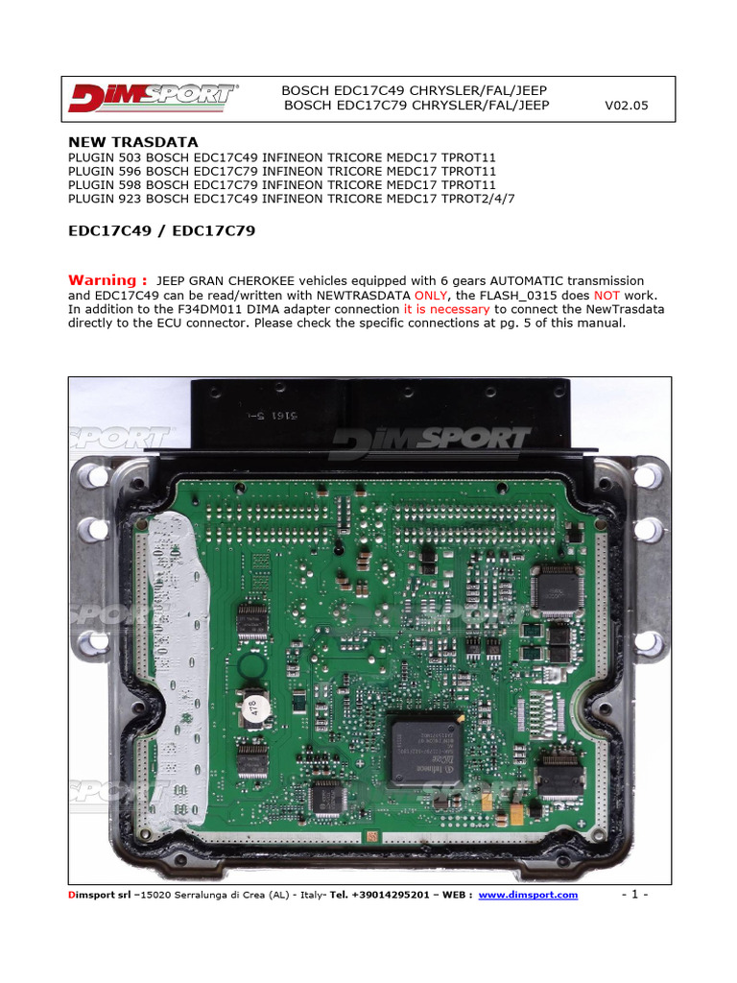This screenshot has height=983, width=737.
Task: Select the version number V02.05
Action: pos(626,106)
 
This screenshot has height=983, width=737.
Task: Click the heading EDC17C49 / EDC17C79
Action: pos(161,231)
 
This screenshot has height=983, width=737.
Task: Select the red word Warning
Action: pos(107,279)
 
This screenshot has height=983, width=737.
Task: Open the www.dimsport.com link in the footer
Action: pos(528,895)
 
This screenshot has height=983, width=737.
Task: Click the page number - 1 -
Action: pos(634,895)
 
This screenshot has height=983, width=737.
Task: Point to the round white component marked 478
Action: pos(253,709)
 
